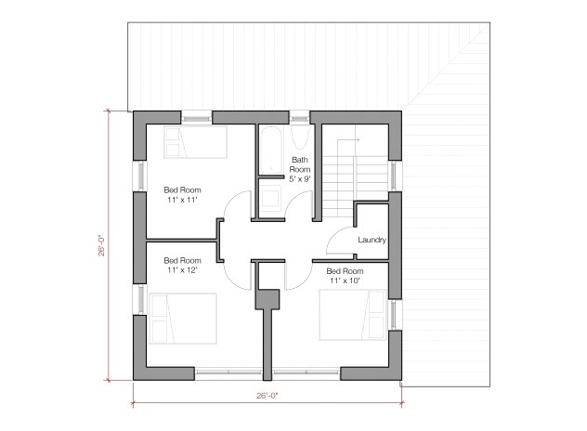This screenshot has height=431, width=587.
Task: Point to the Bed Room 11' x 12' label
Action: click(182, 267)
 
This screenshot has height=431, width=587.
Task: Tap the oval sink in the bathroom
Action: click(299, 137)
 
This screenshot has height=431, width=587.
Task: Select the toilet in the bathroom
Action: click(272, 197)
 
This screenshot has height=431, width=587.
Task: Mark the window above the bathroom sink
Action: click(299, 116)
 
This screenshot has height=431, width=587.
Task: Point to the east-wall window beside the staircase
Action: click(395, 173)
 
